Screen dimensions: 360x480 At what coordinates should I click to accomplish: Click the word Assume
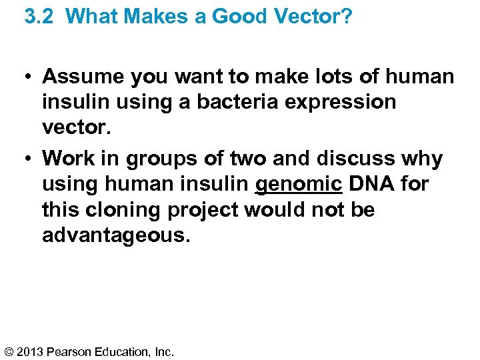pyautogui.click(x=83, y=77)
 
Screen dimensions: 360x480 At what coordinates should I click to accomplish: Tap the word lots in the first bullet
pyautogui.click(x=333, y=77)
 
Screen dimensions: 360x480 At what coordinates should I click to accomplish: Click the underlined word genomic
pyautogui.click(x=299, y=185)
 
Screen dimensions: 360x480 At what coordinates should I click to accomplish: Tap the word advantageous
pyautogui.click(x=115, y=236)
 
